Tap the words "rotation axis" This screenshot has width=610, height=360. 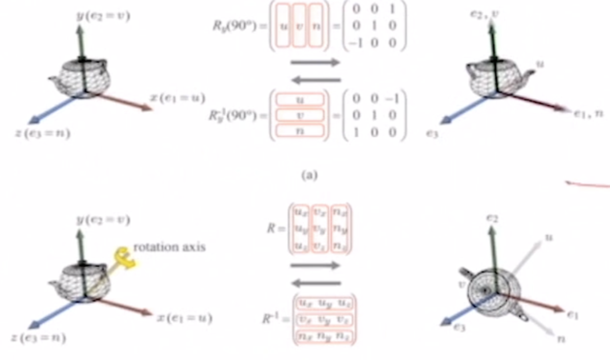[x=169, y=247]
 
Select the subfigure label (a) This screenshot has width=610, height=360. [x=309, y=175]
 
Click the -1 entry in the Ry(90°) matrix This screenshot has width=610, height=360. [x=355, y=43]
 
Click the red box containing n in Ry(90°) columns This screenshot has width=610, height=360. [x=316, y=26]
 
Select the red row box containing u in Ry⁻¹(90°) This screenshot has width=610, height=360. [x=300, y=99]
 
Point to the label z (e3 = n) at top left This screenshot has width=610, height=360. [x=43, y=133]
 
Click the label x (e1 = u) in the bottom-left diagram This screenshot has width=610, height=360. [x=184, y=318]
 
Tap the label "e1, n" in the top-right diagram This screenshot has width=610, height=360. [x=588, y=114]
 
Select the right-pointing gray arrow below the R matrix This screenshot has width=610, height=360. [x=315, y=265]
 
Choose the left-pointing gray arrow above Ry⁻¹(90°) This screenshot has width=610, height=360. [x=316, y=80]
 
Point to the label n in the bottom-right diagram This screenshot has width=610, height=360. [x=561, y=339]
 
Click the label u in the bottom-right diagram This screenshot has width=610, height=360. [x=549, y=237]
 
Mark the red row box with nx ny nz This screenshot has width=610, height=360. [x=324, y=336]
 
